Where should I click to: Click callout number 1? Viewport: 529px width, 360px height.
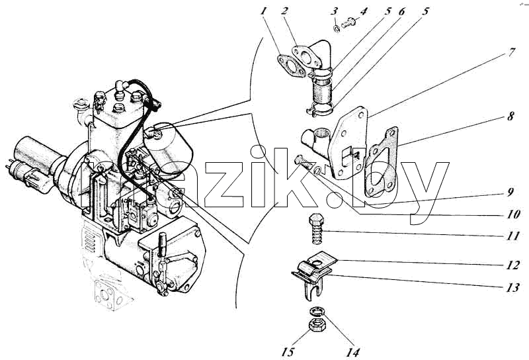(x=264, y=11)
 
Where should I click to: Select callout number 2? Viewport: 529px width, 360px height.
(x=284, y=11)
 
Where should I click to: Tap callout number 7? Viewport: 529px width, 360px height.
(x=512, y=53)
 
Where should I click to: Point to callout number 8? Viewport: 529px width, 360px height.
(x=510, y=116)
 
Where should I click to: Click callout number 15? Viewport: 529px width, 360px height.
(x=287, y=352)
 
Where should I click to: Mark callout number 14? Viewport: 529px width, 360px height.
(x=352, y=353)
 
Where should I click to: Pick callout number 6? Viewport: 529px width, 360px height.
(x=401, y=11)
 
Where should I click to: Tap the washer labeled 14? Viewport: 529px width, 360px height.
(x=316, y=310)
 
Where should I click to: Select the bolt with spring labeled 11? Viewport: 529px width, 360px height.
(x=317, y=228)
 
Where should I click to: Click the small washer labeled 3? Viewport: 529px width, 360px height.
(x=337, y=29)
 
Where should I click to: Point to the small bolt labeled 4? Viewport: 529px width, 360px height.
(x=348, y=23)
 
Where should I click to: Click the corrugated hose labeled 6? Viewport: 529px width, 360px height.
(x=321, y=89)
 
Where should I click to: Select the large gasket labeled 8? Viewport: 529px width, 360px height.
(x=382, y=161)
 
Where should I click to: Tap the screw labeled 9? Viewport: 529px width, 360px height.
(x=304, y=163)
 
